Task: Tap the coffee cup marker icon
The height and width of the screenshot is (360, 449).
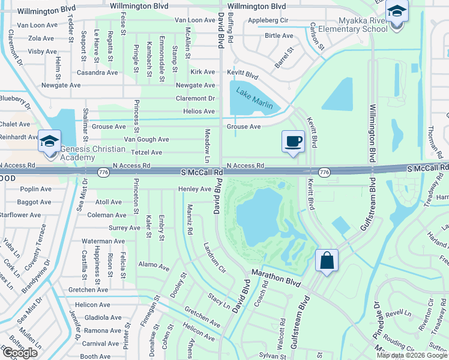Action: coord(293,142)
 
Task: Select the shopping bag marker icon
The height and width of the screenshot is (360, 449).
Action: coord(327,261)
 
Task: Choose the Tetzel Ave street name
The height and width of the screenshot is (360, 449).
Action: coord(147,152)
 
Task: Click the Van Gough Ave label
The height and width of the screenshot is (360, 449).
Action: coord(146,139)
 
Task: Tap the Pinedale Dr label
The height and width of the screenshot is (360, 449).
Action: coord(378,315)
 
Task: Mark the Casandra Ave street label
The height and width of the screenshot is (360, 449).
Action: coord(97,73)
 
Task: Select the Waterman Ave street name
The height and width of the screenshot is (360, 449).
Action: coord(103,241)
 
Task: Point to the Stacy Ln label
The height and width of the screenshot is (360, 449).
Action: coord(219,300)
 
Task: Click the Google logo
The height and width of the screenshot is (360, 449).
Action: coord(20,353)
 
